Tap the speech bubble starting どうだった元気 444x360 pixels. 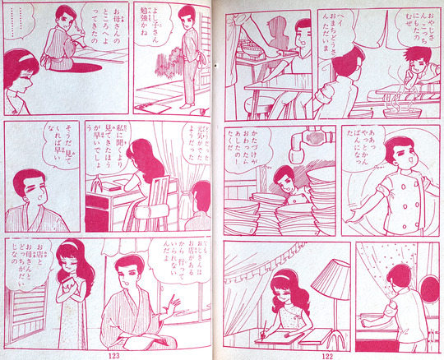tap(204, 150)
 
